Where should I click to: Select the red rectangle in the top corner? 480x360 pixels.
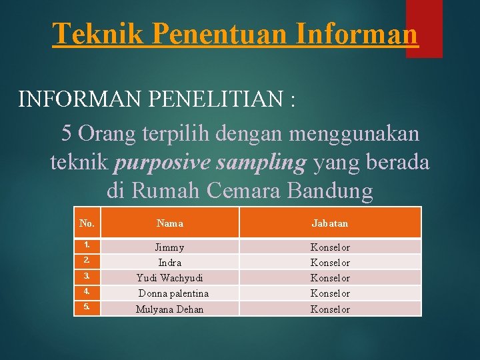point(424,28)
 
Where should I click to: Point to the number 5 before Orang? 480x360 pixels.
point(67,133)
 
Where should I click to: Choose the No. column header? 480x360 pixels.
point(86,223)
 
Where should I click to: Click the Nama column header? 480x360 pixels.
point(170,223)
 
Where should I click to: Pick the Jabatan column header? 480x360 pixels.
point(330,223)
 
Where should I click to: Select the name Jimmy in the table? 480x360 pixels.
point(170,247)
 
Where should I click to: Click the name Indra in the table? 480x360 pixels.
point(170,263)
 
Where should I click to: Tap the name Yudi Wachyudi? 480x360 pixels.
point(170,278)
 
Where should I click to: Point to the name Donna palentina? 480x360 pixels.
point(173,293)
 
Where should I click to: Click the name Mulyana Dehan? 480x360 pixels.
point(170,309)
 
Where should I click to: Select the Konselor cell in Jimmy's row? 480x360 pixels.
point(330,247)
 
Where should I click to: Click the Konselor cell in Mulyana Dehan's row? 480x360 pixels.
point(330,309)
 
